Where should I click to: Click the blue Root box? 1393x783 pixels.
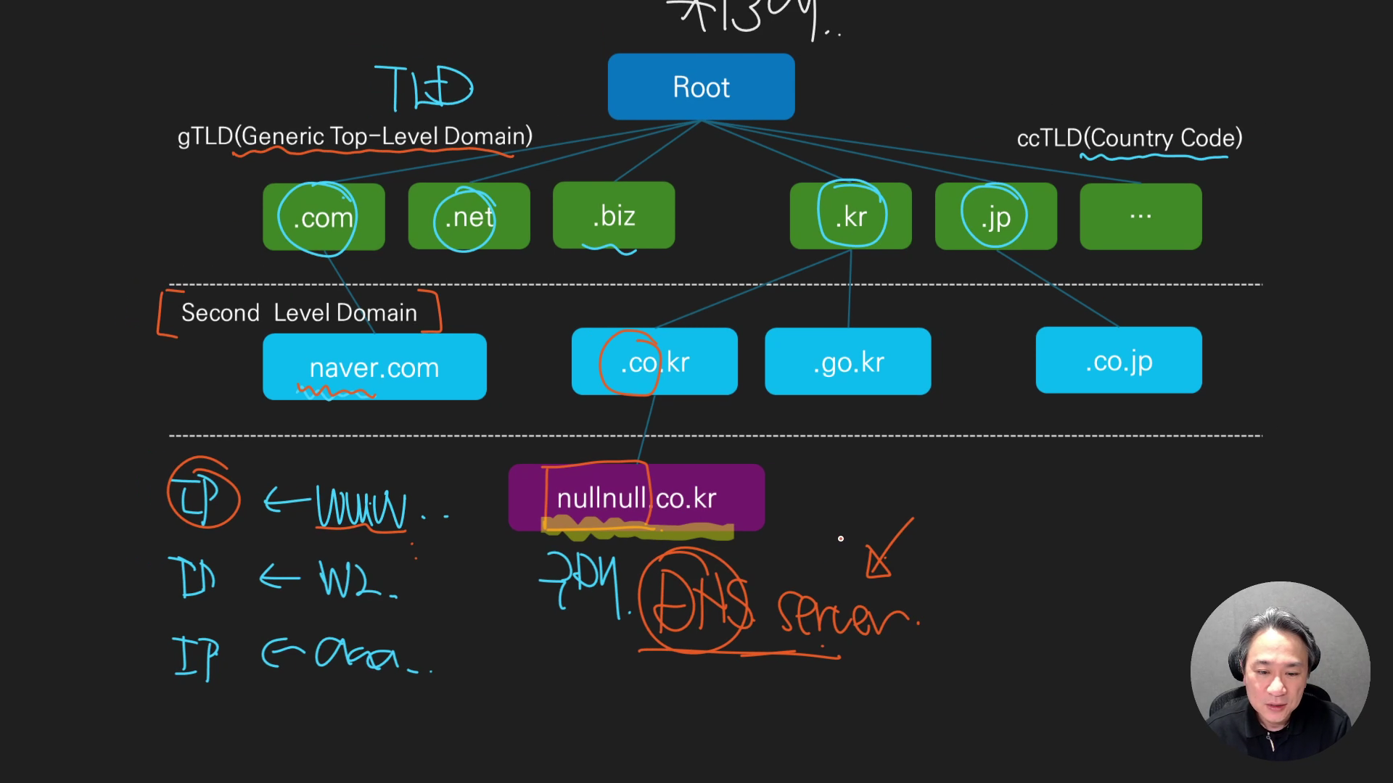(701, 87)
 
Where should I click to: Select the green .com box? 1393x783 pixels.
(324, 217)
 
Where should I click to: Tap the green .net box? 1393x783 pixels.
(469, 216)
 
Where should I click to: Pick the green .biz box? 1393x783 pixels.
(614, 215)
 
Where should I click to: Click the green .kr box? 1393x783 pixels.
(850, 216)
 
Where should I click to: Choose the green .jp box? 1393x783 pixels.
(995, 216)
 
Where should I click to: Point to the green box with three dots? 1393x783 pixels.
(1141, 216)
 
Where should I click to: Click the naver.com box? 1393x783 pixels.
(374, 367)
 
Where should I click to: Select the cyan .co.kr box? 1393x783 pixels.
(654, 362)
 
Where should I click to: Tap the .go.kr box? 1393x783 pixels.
(847, 362)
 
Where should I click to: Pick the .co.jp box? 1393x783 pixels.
(1119, 360)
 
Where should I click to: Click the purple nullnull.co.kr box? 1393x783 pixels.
(636, 498)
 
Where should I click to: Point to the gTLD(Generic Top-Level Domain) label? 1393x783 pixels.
(355, 136)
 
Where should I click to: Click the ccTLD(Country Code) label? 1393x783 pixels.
(1130, 138)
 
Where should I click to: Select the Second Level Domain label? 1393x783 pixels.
(299, 312)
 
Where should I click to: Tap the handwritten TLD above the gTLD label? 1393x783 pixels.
(424, 88)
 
